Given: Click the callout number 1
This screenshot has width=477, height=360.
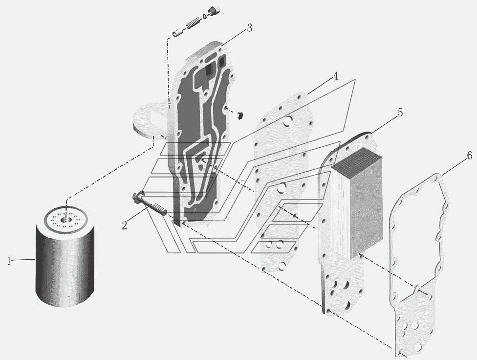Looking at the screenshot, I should click(x=9, y=261).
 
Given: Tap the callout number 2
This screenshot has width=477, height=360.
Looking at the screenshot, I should click(x=125, y=225).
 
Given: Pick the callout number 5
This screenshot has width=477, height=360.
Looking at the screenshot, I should click(x=399, y=113).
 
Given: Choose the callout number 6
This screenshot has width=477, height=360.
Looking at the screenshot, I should click(x=469, y=156).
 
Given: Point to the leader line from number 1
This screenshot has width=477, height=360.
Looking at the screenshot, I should click(x=24, y=259).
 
